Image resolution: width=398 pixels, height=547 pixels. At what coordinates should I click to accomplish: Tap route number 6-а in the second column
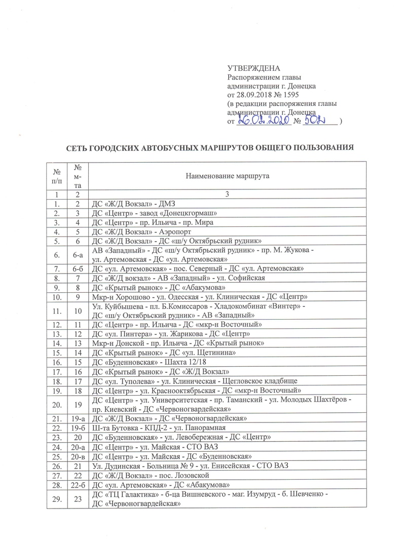(78, 253)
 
